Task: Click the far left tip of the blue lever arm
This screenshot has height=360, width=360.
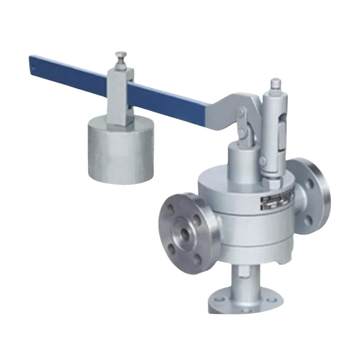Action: coord(30,62)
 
